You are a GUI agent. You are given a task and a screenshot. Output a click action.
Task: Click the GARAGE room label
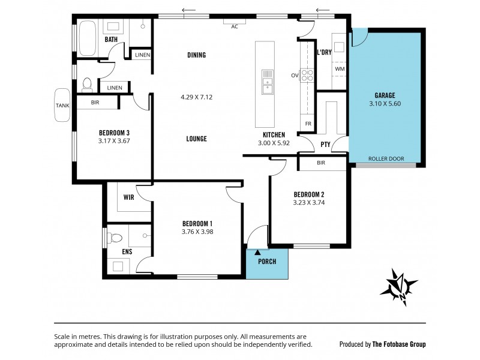point(384,95)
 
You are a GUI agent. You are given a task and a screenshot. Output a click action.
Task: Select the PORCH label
point(266,262)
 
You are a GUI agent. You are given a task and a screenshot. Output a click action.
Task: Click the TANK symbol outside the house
point(62,104)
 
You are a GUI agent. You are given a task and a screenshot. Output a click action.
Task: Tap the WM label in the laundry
point(340,69)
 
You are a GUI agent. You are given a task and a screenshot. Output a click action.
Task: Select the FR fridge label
point(308,124)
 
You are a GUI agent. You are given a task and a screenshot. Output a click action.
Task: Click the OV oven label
point(295,76)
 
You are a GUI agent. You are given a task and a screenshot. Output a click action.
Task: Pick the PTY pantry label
point(326,144)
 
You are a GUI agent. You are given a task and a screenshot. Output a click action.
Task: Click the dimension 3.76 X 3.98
point(197,232)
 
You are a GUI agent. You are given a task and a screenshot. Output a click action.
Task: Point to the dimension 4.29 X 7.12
point(197,97)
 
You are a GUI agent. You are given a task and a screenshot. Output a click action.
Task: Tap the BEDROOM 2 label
point(308,194)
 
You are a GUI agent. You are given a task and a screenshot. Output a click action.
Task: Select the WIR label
point(129,196)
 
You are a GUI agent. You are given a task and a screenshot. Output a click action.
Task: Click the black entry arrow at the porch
point(258,253)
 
